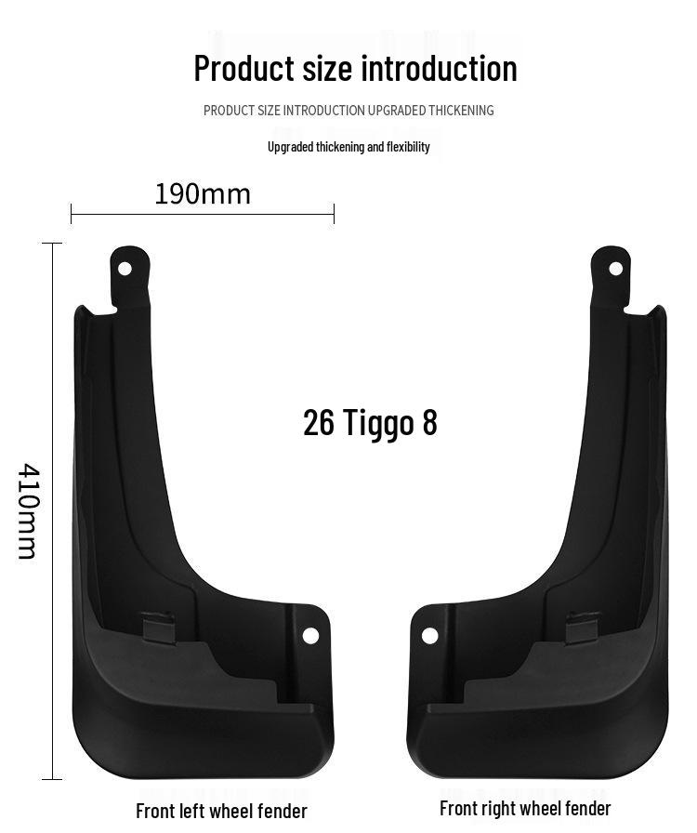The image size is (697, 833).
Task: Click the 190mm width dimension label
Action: (203, 193)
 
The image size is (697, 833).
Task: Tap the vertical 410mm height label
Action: (28, 511)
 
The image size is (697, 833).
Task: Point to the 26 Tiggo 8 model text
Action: (370, 422)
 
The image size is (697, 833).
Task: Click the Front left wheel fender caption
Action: (221, 811)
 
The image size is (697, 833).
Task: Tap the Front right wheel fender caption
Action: (525, 808)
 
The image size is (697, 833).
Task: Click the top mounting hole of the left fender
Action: (125, 268)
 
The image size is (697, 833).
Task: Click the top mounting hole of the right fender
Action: (615, 268)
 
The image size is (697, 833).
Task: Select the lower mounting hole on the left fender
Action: (310, 635)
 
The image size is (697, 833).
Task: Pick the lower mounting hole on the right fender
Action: (429, 635)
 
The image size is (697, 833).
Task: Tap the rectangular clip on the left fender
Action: (158, 626)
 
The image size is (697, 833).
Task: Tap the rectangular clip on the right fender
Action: (583, 626)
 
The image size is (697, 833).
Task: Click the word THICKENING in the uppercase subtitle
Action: (461, 111)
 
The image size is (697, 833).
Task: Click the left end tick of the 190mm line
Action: (72, 215)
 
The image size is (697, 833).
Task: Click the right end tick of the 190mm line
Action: (334, 215)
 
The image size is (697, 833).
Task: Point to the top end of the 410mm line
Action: (52, 244)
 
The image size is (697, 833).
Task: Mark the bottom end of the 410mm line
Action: (52, 779)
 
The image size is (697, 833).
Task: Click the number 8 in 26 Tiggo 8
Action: (429, 422)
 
